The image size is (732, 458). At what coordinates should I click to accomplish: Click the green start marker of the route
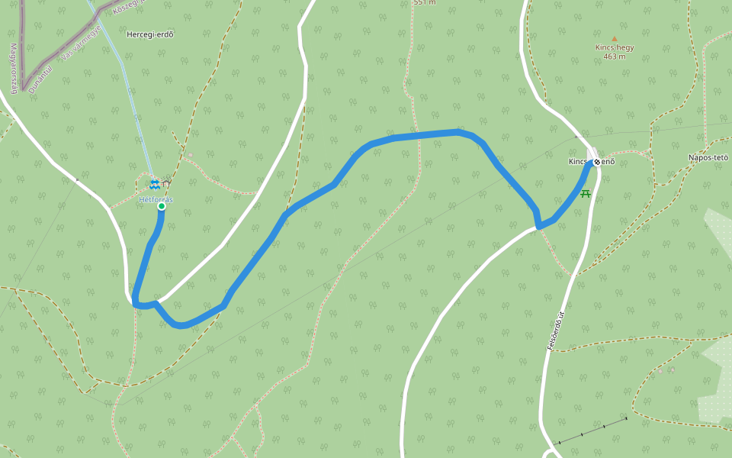(x=162, y=206)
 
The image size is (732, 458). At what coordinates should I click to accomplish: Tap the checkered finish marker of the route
(x=599, y=161)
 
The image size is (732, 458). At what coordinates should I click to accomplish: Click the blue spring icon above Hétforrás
(x=154, y=185)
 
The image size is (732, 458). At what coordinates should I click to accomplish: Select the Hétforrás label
(x=156, y=199)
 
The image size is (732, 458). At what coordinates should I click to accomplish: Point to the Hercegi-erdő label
(x=150, y=34)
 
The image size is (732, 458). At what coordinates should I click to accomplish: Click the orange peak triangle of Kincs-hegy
(x=614, y=38)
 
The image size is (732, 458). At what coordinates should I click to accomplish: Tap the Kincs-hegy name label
(x=615, y=47)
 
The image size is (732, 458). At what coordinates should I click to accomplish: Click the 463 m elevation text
(x=614, y=56)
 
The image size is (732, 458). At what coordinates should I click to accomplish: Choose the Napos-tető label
(x=708, y=158)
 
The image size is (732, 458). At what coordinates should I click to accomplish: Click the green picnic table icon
(x=586, y=194)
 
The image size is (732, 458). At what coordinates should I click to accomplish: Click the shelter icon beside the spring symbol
(x=165, y=184)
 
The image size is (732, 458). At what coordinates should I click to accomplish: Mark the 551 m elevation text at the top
(x=424, y=2)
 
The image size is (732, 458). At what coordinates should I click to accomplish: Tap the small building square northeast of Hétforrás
(x=190, y=155)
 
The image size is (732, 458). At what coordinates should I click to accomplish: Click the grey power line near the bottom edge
(x=591, y=431)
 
